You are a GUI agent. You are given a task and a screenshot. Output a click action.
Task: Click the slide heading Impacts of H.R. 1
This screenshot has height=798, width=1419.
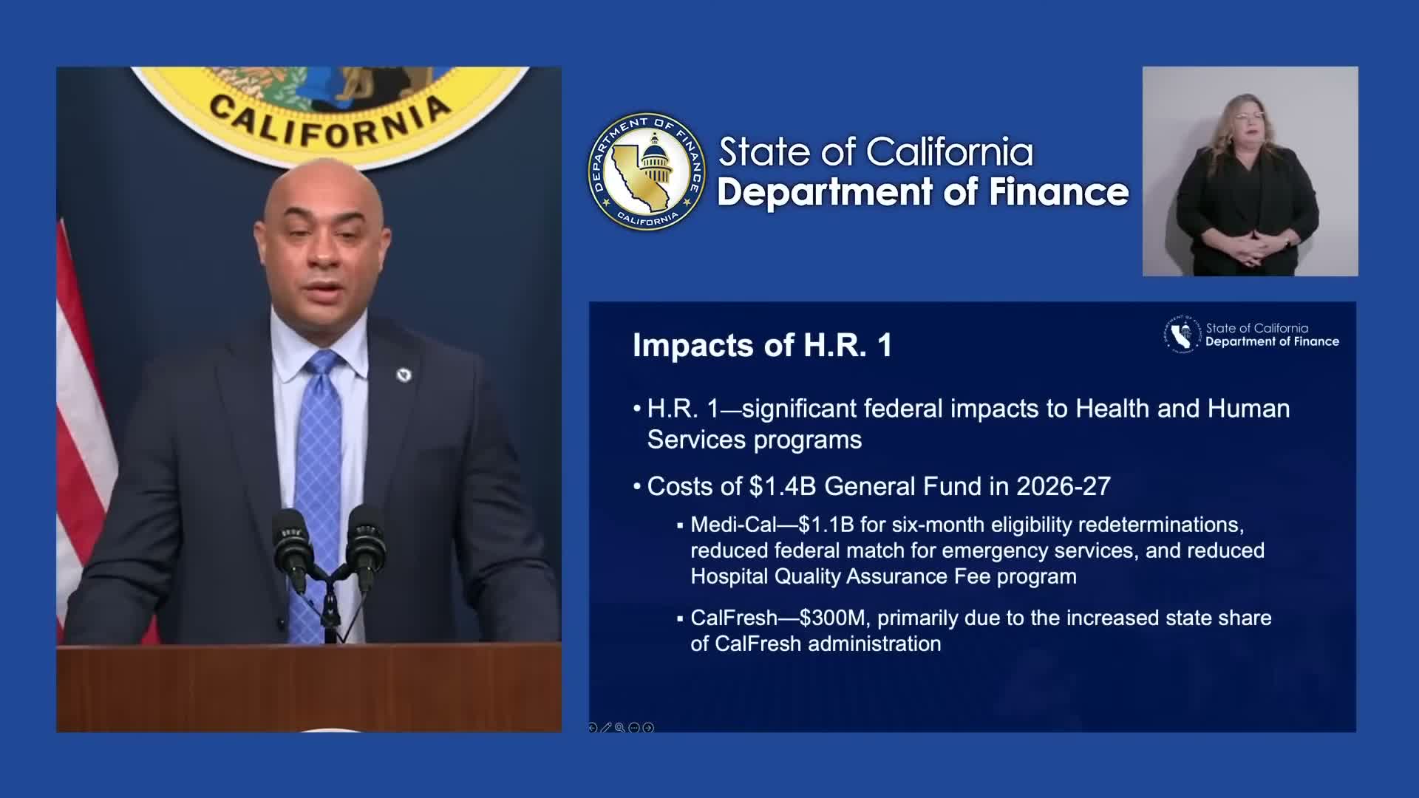pos(762,346)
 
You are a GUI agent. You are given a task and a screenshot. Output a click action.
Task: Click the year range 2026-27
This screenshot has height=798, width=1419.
pos(1064,486)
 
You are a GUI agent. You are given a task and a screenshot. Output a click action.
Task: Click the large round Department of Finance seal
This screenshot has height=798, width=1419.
pos(647,171)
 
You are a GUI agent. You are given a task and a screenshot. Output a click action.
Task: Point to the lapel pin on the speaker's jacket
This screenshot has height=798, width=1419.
pos(404,375)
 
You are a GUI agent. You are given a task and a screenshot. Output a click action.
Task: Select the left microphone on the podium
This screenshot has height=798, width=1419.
pos(290,547)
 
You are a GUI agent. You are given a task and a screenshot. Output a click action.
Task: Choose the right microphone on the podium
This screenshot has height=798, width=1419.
pos(365,547)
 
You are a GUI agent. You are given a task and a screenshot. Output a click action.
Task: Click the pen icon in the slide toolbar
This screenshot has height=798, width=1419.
pos(606,728)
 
